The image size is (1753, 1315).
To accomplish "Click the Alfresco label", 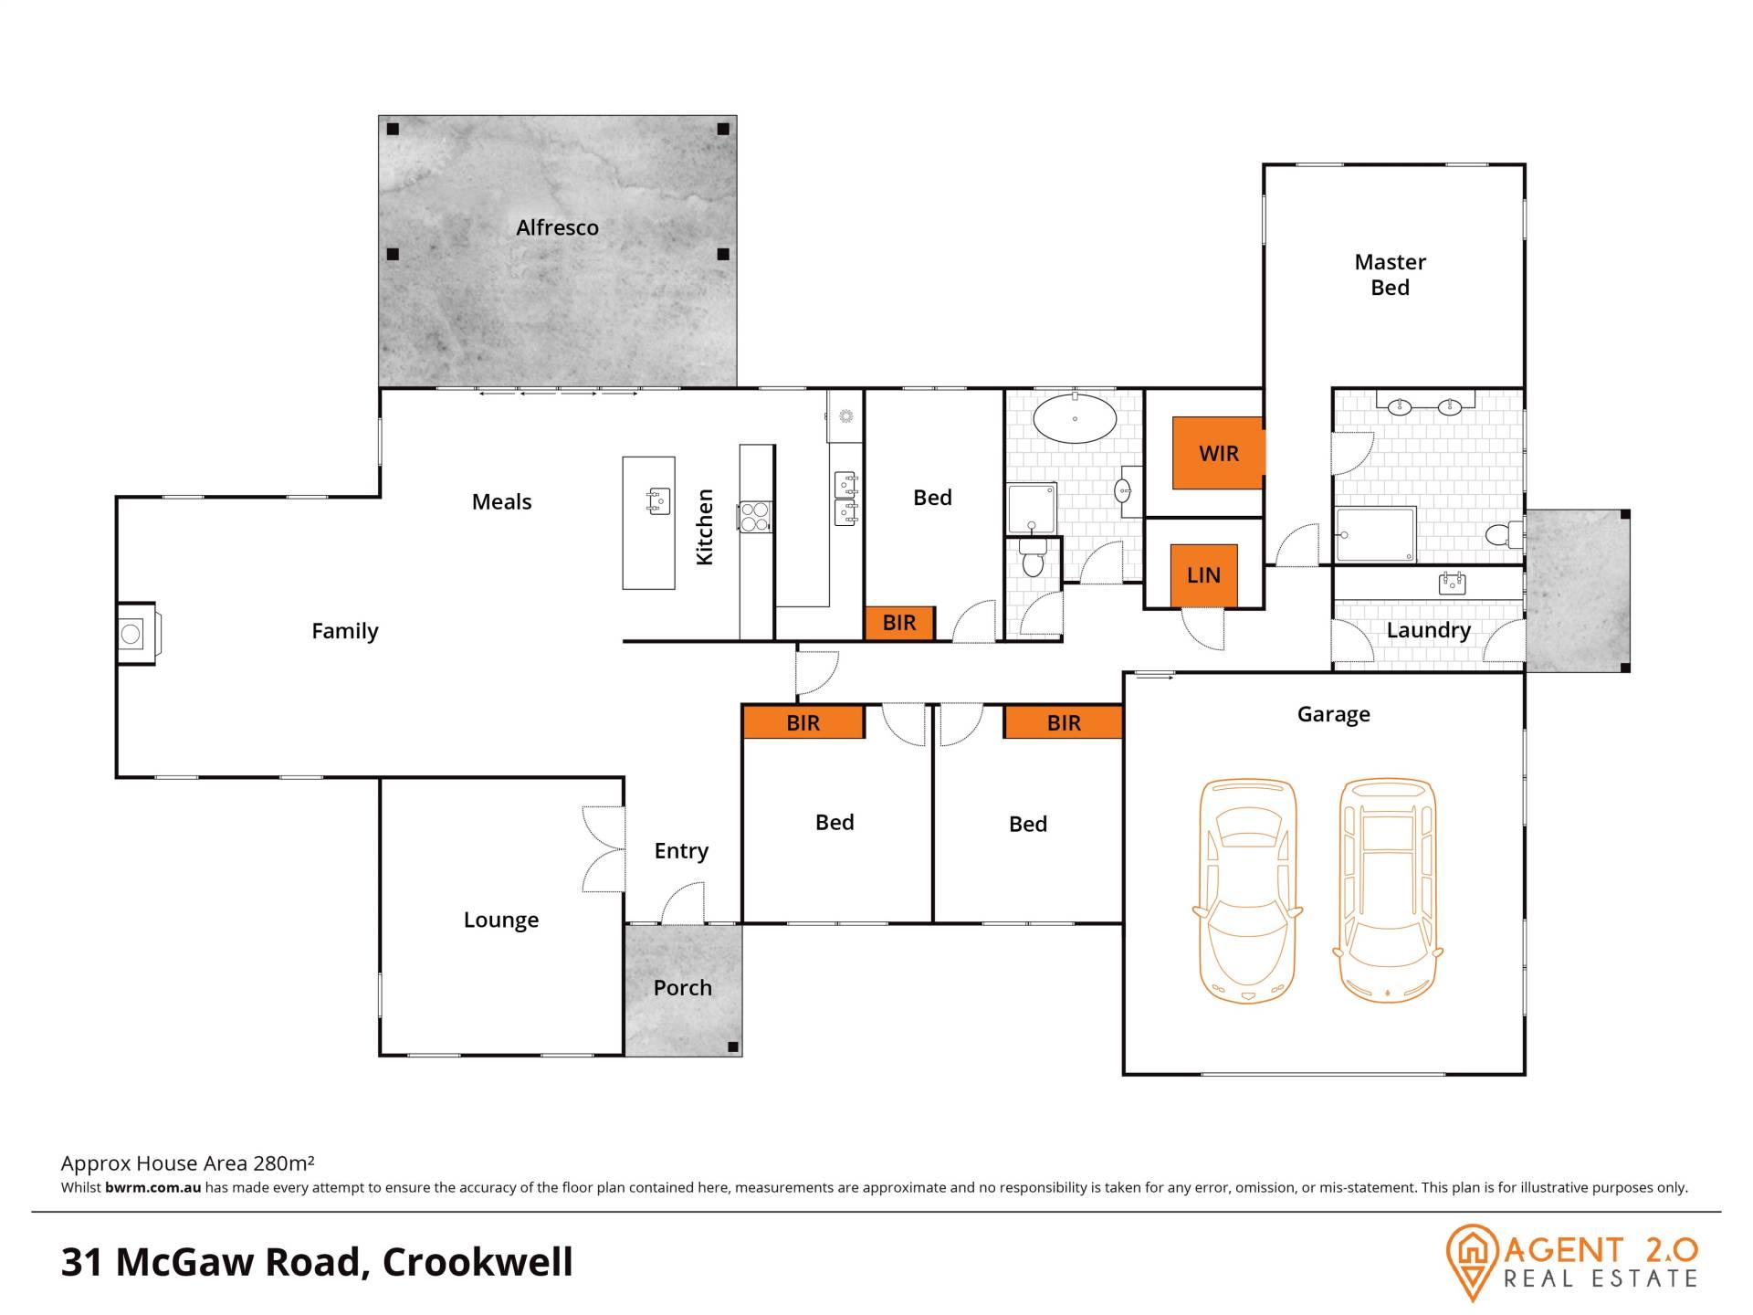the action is (x=557, y=227).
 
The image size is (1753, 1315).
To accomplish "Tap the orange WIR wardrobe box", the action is (x=1218, y=453).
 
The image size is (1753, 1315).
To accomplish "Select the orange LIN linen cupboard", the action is (x=1203, y=575).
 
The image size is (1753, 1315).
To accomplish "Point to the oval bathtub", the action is (x=1075, y=418).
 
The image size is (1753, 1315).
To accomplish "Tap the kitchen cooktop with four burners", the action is (x=755, y=517).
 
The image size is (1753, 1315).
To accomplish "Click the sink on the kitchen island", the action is (x=657, y=500).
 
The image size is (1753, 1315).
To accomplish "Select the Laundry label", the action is (x=1428, y=630).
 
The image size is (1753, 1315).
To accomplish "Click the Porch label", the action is (x=682, y=987).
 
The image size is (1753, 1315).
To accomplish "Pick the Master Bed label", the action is (x=1390, y=275).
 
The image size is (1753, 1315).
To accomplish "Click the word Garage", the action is (x=1333, y=714).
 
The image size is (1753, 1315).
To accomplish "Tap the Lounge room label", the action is (x=500, y=920).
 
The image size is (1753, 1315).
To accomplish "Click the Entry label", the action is (x=681, y=851).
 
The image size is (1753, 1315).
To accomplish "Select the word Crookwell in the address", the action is (x=478, y=1262).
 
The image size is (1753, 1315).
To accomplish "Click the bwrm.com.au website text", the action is (x=152, y=1188).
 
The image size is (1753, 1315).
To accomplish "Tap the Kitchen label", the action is (x=704, y=527).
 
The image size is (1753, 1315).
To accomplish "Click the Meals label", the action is (x=501, y=501).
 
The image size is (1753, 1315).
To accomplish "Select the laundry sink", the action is (x=1452, y=583).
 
